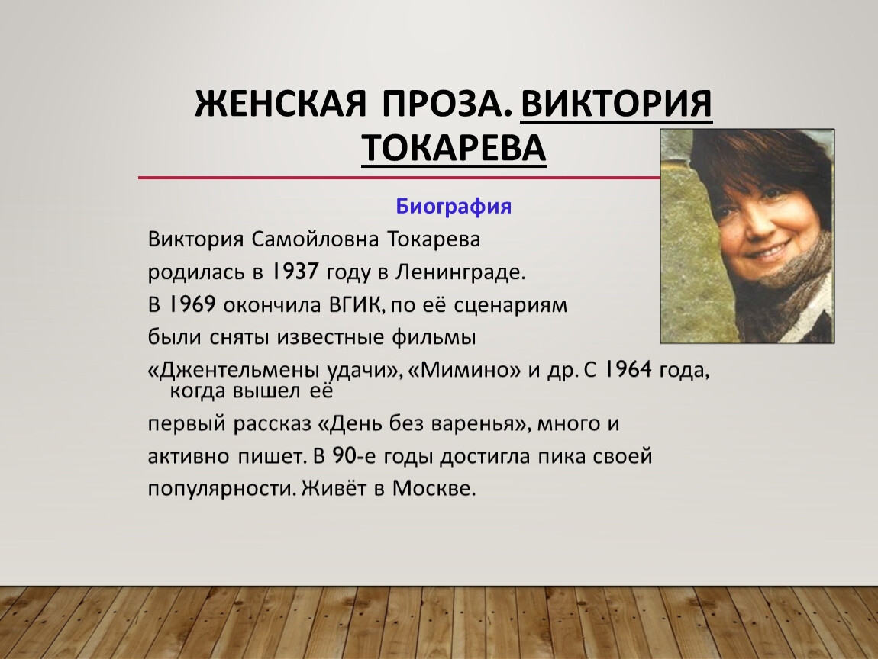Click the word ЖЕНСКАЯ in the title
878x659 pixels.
[x=280, y=103]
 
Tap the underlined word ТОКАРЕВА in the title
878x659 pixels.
[x=454, y=147]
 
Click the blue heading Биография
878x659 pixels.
[x=454, y=207]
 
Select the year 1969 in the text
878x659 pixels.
[x=192, y=304]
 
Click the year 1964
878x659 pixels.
[x=628, y=369]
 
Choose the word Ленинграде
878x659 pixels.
[x=460, y=272]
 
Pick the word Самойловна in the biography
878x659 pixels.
[x=315, y=239]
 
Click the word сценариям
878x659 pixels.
[x=510, y=305]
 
